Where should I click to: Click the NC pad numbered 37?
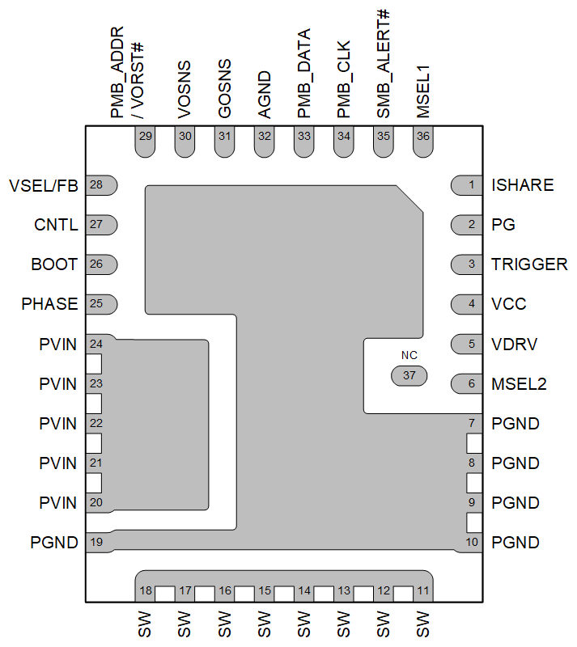click(x=409, y=376)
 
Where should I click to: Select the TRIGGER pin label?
click(x=529, y=264)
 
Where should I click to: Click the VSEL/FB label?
click(x=44, y=185)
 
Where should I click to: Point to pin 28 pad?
click(x=101, y=185)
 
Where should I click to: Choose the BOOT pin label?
click(x=55, y=264)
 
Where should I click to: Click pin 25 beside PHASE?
click(x=101, y=304)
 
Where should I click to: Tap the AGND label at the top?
click(x=264, y=95)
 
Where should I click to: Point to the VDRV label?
click(x=514, y=344)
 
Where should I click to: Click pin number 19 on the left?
click(x=96, y=542)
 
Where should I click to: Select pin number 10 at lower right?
click(x=472, y=542)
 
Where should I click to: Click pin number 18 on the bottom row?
click(x=146, y=591)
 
